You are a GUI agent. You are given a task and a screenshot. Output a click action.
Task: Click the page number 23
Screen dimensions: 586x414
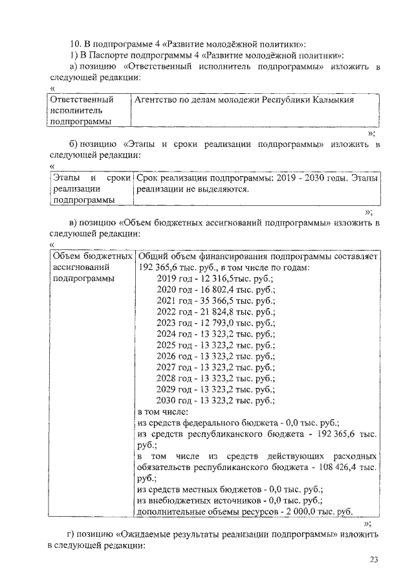pos(373,559)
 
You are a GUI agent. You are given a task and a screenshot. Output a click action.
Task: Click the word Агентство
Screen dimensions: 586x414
pos(156,100)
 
